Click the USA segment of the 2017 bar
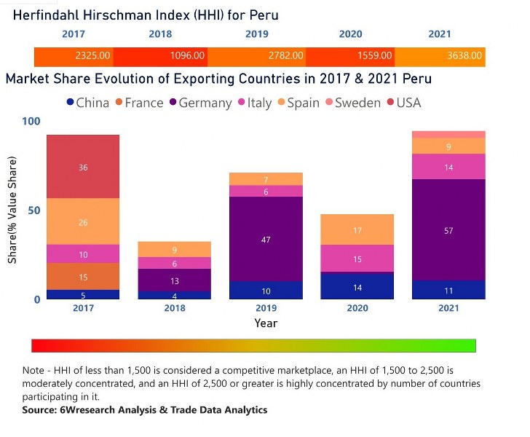coord(83,167)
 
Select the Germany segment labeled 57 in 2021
coord(448,230)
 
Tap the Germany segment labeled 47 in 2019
coord(266,239)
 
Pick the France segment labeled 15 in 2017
coord(83,277)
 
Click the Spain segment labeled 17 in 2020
coord(357,230)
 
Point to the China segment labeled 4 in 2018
coord(174,296)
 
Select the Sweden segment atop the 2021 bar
coord(448,135)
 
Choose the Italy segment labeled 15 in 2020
coord(357,259)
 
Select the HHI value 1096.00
coord(186,55)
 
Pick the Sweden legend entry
coord(352,103)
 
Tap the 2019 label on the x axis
coord(266,308)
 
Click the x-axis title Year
coord(266,323)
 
